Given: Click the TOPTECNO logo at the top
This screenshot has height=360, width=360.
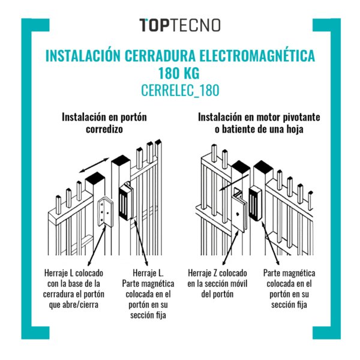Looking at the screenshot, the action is click(x=180, y=25).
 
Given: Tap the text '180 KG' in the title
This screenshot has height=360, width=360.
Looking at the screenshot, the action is click(x=179, y=73).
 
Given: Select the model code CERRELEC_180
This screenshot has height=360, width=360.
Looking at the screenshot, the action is click(x=180, y=90).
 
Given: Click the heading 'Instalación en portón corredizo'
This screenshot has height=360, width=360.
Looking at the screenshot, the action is click(x=104, y=123).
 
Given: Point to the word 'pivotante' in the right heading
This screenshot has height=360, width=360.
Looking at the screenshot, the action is click(x=301, y=118).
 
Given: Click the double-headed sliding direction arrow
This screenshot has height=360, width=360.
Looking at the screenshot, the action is click(x=94, y=165).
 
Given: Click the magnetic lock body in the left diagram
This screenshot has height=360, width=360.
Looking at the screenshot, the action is click(x=125, y=202).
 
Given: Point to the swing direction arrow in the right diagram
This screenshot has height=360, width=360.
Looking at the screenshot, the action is click(x=234, y=182).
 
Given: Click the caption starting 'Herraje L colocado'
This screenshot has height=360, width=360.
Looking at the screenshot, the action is click(x=73, y=289).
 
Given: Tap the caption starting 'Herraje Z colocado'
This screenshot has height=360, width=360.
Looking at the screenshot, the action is click(x=217, y=284).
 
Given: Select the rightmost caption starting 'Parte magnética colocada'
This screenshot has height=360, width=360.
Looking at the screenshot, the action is click(x=289, y=289).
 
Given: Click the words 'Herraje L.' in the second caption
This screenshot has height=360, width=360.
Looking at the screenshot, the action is click(x=148, y=273).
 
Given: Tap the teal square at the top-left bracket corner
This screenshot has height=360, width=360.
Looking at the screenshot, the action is click(x=35, y=25).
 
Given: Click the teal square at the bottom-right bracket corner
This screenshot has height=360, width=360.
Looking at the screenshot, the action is click(x=326, y=332).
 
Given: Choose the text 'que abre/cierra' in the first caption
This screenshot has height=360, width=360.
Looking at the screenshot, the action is click(x=73, y=305).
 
